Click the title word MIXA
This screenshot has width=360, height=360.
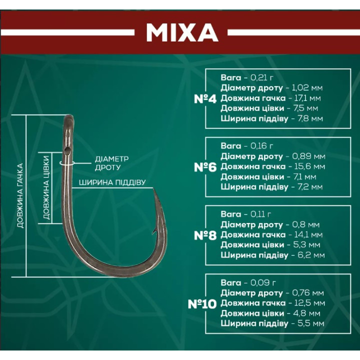tap(182, 32)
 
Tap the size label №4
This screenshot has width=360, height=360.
tap(204, 98)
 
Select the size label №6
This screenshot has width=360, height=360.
tap(204, 167)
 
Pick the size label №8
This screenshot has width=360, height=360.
tap(204, 235)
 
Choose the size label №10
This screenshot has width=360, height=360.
tap(202, 303)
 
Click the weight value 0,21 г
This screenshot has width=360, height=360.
tap(261, 78)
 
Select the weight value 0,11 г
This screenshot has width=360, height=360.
tap(260, 214)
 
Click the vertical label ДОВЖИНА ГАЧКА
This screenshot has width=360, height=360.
tap(20, 195)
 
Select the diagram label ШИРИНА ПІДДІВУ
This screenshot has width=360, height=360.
tap(112, 182)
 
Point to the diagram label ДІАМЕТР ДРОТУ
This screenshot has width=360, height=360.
tap(108, 163)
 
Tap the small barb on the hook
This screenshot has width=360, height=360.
tap(152, 231)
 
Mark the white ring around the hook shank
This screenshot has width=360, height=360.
tap(67, 162)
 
